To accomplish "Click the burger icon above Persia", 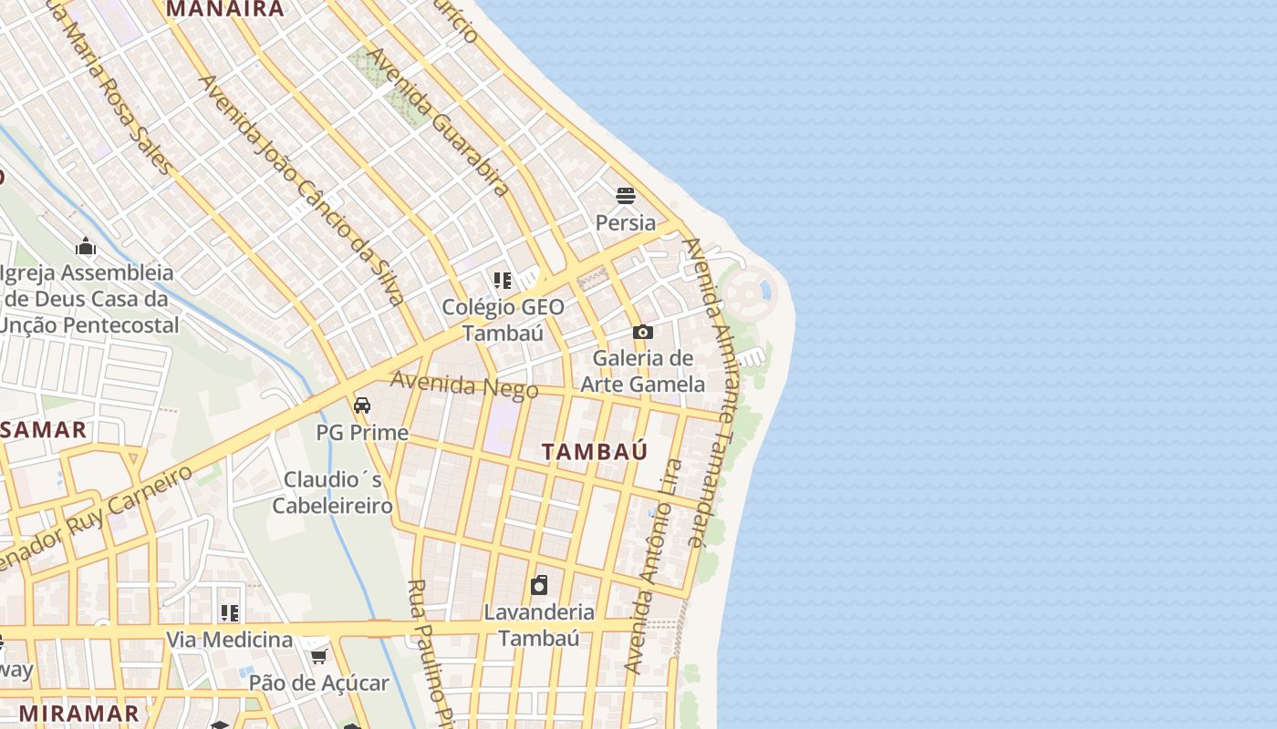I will coord(626,195).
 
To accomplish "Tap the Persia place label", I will coord(626,222).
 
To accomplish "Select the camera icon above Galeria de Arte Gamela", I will coord(643,333).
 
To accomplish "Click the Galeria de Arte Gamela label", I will coord(643,371).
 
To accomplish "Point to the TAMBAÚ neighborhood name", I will coord(595,452).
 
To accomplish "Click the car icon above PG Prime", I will coord(362,405).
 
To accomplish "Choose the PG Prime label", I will coord(362,432).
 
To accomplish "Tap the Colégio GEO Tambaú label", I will coord(503,320).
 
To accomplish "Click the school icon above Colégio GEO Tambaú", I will coord(503,280).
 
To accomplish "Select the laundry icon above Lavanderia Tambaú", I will coord(539,584).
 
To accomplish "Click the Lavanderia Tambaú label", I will coord(539,624).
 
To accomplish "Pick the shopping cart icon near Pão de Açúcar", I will coord(318,656).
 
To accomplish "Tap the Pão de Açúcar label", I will coord(319,683).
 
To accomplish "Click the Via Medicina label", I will coord(229,640).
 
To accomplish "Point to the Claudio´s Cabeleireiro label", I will coord(333,492).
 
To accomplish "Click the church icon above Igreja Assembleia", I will coord(86,246).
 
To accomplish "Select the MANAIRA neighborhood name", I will coord(225,9).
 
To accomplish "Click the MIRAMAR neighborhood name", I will coord(79,713).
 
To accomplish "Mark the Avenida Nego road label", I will coord(464,385).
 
